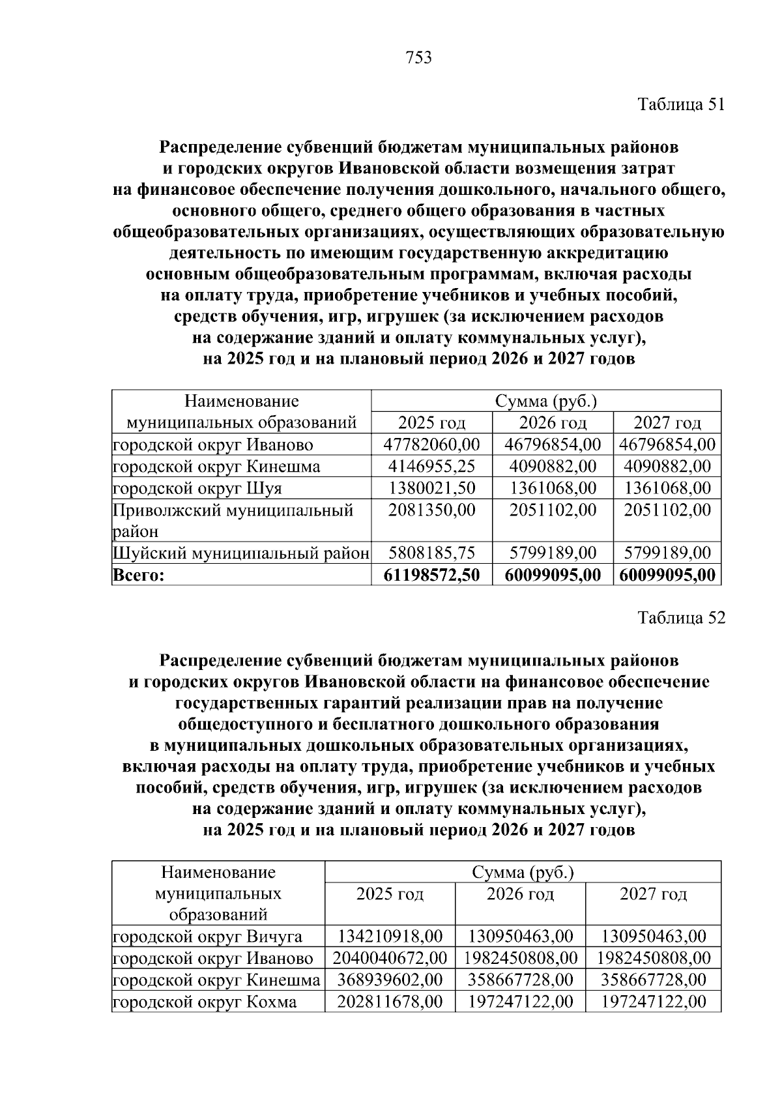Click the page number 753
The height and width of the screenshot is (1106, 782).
click(x=418, y=58)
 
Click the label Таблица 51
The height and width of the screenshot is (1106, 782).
click(x=680, y=105)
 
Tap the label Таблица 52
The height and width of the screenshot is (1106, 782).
click(x=680, y=618)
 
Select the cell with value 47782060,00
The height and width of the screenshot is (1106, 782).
click(x=431, y=445)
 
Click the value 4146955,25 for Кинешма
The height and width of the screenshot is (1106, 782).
click(x=431, y=467)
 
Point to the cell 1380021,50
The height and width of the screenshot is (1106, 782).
click(x=431, y=488)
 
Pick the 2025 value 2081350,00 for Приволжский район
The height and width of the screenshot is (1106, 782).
click(x=431, y=510)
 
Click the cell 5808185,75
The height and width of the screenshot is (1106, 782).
click(x=431, y=553)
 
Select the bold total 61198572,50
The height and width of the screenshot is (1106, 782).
click(x=431, y=575)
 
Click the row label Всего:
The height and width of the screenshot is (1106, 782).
click(x=139, y=575)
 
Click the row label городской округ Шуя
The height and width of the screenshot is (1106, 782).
click(x=197, y=488)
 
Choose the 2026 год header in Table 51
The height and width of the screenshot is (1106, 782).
click(x=553, y=423)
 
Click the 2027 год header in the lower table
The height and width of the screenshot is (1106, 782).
click(x=653, y=894)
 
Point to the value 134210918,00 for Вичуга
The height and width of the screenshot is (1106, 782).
click(x=390, y=937)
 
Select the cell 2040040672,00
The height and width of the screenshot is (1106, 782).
click(x=390, y=959)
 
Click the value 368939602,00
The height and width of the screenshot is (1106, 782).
click(x=390, y=980)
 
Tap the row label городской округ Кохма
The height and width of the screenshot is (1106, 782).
click(x=205, y=1002)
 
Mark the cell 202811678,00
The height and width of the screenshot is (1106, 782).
click(x=390, y=1002)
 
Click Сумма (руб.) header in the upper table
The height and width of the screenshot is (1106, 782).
click(x=546, y=401)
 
